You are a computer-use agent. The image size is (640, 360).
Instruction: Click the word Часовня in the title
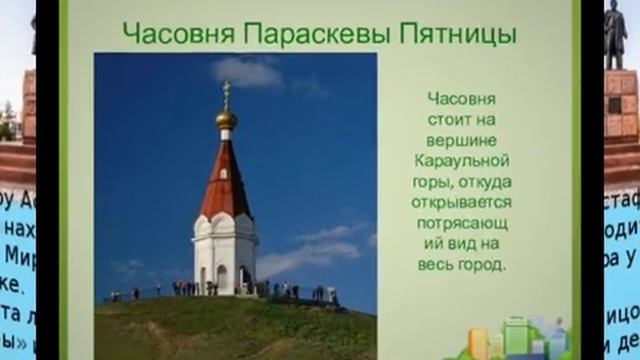click(x=176, y=34)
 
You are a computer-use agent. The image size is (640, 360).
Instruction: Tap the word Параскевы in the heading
click(x=316, y=34)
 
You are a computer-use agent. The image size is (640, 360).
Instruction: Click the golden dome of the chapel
click(x=226, y=120)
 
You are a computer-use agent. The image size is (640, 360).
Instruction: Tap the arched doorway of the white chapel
click(x=222, y=278)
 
